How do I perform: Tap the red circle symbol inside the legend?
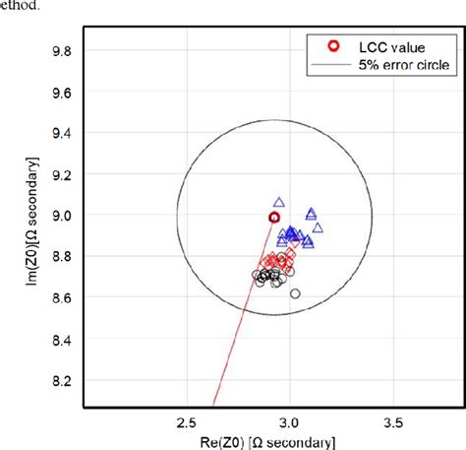[334, 45]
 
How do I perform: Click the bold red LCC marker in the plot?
[274, 217]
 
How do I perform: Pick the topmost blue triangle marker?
[279, 202]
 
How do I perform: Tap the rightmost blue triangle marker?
[318, 227]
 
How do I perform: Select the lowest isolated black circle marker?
[295, 293]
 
